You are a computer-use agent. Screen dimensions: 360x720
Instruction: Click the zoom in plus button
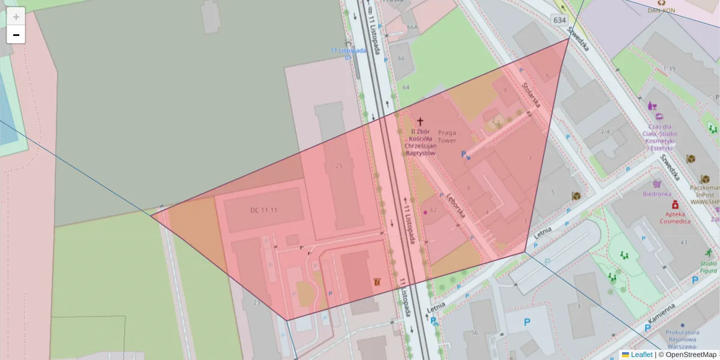click(x=16, y=16)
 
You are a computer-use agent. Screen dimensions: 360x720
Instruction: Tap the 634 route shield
click(x=559, y=20)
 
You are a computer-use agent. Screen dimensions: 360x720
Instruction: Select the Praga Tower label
click(x=447, y=136)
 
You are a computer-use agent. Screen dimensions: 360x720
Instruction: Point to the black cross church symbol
click(x=420, y=121)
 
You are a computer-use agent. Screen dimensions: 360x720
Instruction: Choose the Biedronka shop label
click(x=656, y=194)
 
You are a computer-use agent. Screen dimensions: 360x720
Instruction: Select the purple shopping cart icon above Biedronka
click(x=656, y=184)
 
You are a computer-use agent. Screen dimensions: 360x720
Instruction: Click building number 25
click(x=340, y=166)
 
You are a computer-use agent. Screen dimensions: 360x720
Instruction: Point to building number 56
click(x=474, y=333)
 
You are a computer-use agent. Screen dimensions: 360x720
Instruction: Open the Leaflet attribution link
click(x=641, y=355)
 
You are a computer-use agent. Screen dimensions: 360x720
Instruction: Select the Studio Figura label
click(x=709, y=267)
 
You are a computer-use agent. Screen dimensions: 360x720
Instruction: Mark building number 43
click(x=683, y=242)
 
